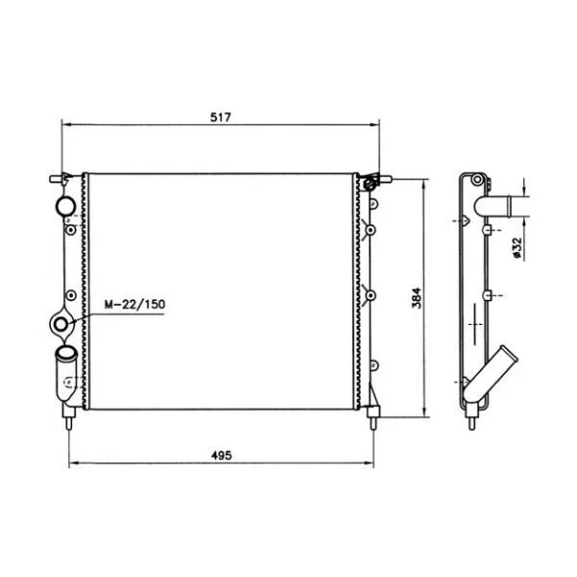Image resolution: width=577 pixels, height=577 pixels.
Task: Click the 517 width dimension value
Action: pyautogui.click(x=220, y=117)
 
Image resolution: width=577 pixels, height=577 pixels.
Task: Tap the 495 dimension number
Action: pyautogui.click(x=221, y=455)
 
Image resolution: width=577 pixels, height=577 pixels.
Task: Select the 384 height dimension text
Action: pyautogui.click(x=416, y=298)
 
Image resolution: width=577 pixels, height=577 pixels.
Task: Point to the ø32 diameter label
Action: pyautogui.click(x=517, y=248)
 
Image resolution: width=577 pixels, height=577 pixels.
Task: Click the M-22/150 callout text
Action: pyautogui.click(x=135, y=304)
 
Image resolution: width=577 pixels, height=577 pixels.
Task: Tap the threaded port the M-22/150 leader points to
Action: pyautogui.click(x=61, y=325)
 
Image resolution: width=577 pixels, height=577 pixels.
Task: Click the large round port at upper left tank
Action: pyautogui.click(x=65, y=207)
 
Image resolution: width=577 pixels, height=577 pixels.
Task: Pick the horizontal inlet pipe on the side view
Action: pyautogui.click(x=502, y=207)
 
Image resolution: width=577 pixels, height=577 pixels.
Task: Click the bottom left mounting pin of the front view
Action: pyautogui.click(x=69, y=418)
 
